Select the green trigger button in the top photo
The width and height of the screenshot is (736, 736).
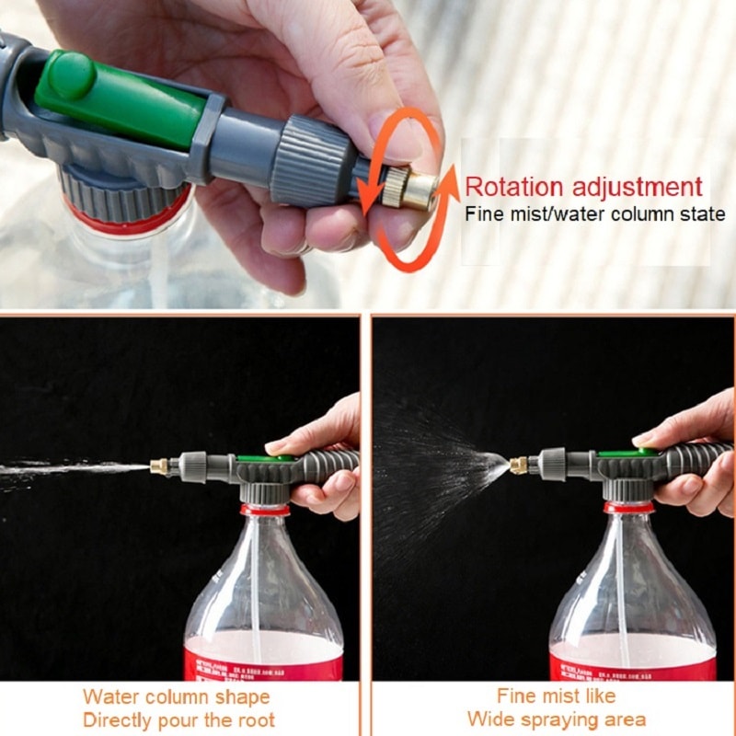tap(120, 97)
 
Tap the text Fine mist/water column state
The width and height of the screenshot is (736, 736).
tap(594, 215)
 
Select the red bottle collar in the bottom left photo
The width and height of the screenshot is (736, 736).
tap(265, 509)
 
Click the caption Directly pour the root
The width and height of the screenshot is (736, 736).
tap(178, 719)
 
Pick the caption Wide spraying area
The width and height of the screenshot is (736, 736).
tap(556, 719)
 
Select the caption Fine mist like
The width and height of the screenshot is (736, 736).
tap(556, 696)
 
